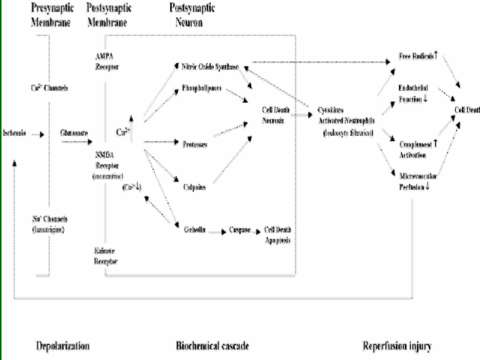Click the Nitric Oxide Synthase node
coord(210,67)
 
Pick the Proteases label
coord(195,142)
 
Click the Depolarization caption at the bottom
coord(63,346)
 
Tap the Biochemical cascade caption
coord(212,346)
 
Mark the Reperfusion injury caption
coord(397,346)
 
